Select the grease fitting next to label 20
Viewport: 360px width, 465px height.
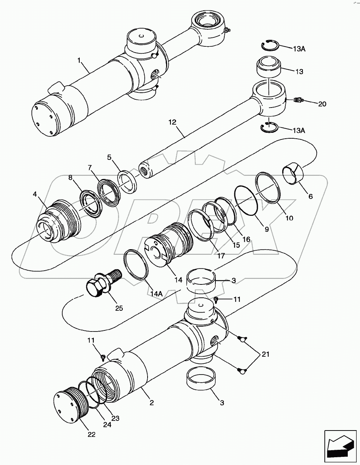tap(298, 100)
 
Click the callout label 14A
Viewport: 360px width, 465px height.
tap(156, 293)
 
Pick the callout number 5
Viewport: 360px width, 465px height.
tap(109, 157)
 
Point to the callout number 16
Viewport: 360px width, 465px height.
tap(246, 240)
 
